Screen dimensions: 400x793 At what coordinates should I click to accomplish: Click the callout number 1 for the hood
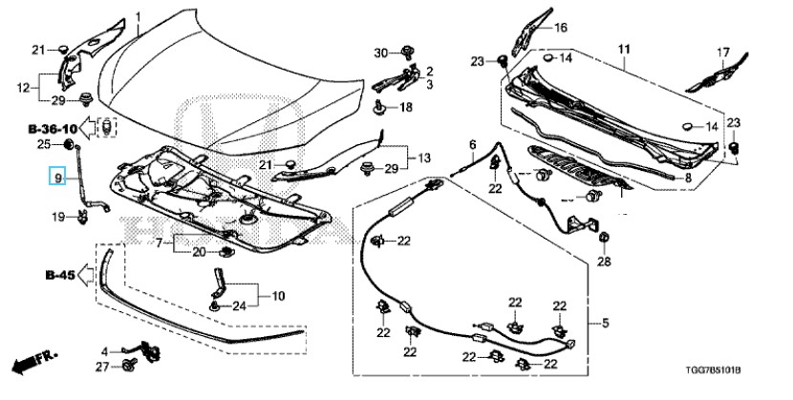click(x=138, y=17)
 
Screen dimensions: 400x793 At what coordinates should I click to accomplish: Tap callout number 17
click(x=723, y=52)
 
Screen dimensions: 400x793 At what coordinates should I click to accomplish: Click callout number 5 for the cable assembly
click(x=604, y=322)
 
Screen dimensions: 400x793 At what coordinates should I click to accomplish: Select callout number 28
click(x=604, y=261)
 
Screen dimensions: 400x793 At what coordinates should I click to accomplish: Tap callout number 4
click(x=105, y=351)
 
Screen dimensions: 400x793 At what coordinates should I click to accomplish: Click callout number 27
click(x=102, y=366)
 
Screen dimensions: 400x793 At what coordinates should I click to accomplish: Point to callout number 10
click(x=277, y=297)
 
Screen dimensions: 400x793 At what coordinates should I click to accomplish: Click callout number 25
click(x=43, y=144)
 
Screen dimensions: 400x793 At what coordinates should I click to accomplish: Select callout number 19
click(x=57, y=218)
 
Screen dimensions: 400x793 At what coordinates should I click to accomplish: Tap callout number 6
click(x=472, y=144)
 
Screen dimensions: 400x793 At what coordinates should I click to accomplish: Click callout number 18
click(x=405, y=108)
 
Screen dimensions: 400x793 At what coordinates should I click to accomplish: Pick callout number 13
click(x=424, y=157)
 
